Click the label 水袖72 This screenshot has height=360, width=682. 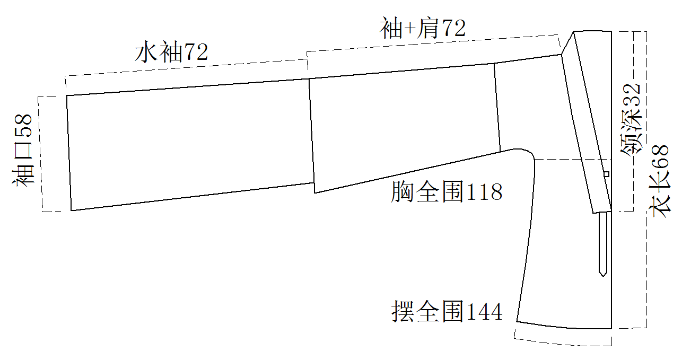point(171,52)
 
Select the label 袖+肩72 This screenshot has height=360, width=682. point(423,28)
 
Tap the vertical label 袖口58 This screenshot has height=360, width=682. point(22,151)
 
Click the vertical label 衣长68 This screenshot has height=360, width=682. point(660,181)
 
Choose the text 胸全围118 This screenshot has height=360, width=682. point(447,192)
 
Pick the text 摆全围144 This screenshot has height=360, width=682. point(447,311)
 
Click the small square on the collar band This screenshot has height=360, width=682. point(606,174)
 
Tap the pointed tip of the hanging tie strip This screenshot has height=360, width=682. point(603,276)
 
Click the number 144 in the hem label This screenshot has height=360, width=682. point(484,312)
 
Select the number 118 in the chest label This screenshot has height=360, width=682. point(484,192)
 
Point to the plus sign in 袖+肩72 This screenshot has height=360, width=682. point(410,29)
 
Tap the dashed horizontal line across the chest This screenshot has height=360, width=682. point(573,159)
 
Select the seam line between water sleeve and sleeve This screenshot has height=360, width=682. point(312,136)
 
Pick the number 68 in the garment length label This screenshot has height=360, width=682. point(660,156)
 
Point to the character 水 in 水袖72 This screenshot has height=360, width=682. point(146,52)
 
